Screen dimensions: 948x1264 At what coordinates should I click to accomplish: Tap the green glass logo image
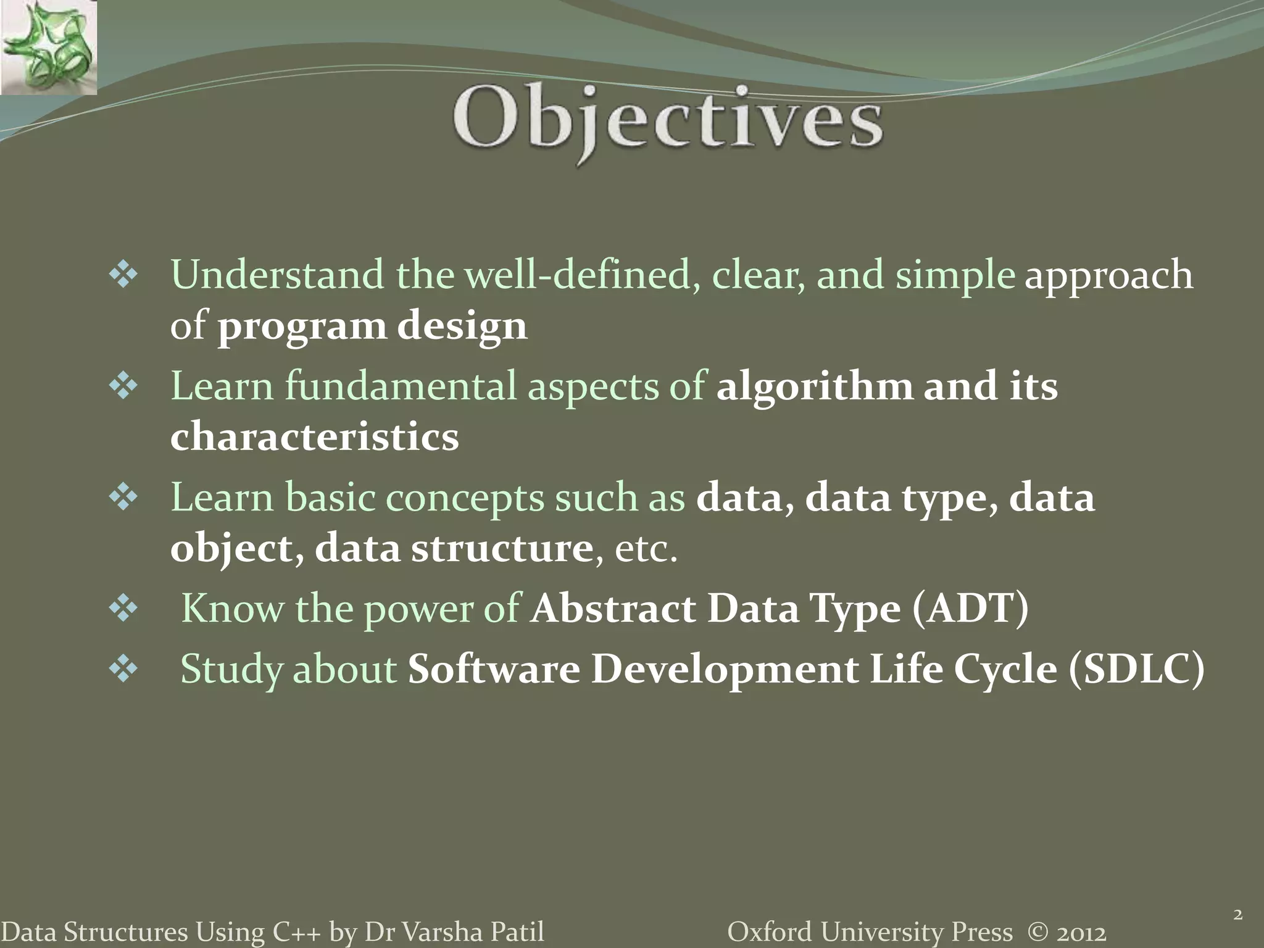[x=48, y=48]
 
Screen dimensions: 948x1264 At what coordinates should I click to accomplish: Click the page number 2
[x=1237, y=914]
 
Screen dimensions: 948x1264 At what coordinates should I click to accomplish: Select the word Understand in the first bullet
[x=276, y=275]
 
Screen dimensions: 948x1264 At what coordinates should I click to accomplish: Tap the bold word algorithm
[x=814, y=386]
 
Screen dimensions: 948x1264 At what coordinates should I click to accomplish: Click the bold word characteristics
[x=314, y=436]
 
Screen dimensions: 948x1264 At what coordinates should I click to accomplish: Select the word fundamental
[x=400, y=386]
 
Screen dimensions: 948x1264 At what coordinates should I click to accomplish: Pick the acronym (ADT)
[x=970, y=609]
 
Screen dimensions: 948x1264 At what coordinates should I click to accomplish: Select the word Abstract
[x=612, y=609]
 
